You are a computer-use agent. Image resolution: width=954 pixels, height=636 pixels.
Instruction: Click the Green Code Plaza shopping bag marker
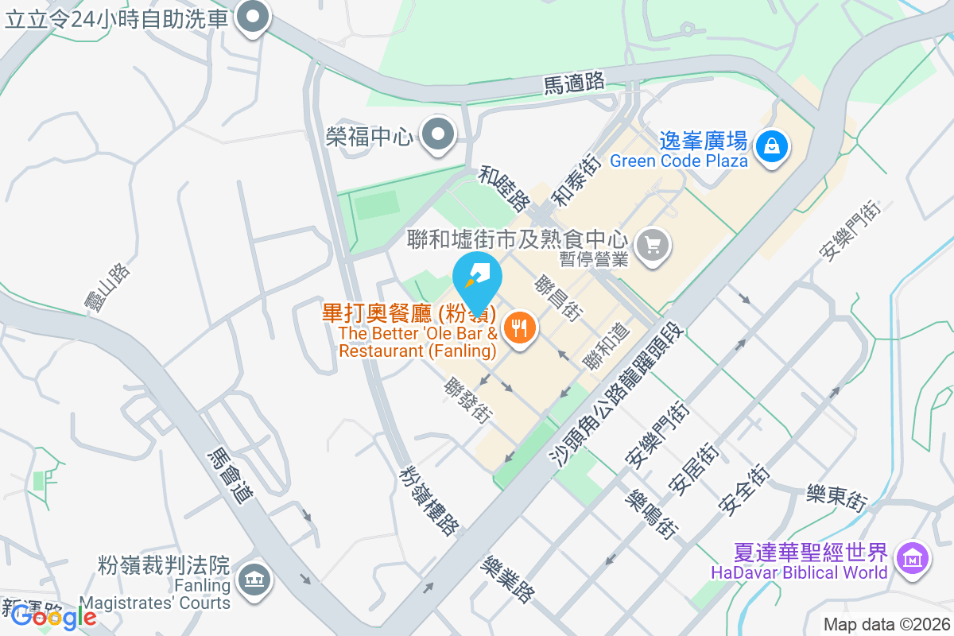pos(770,145)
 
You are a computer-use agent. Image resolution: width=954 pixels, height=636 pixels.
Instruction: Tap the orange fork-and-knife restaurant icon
pos(520,327)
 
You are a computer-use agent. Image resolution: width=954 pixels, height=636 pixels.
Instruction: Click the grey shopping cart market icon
pos(653,245)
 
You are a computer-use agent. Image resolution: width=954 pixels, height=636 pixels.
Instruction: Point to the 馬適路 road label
pos(574,83)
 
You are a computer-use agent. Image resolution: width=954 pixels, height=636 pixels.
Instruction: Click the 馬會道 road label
pos(230,475)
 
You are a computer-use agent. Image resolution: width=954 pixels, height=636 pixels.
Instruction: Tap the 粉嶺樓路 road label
pos(429,499)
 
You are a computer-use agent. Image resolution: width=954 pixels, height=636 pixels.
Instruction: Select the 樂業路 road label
pos(509,578)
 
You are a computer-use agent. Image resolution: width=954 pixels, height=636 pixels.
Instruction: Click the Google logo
pos(54,616)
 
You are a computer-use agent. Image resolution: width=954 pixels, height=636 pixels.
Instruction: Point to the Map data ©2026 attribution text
pos(886,625)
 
